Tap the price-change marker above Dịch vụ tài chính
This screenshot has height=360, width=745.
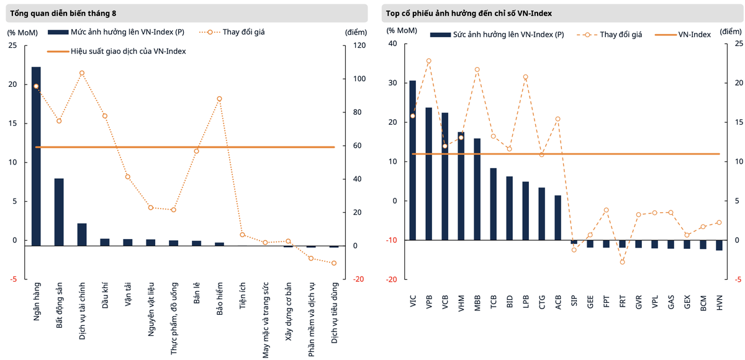[82, 73]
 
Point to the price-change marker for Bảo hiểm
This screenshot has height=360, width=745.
[219, 99]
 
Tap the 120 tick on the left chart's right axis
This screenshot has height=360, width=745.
[351, 45]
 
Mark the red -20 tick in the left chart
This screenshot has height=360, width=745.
[351, 279]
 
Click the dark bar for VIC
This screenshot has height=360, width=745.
[413, 160]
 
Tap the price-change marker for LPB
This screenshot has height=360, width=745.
[526, 77]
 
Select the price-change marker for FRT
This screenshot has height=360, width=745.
[623, 262]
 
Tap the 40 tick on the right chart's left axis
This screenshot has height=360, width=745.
[392, 43]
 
